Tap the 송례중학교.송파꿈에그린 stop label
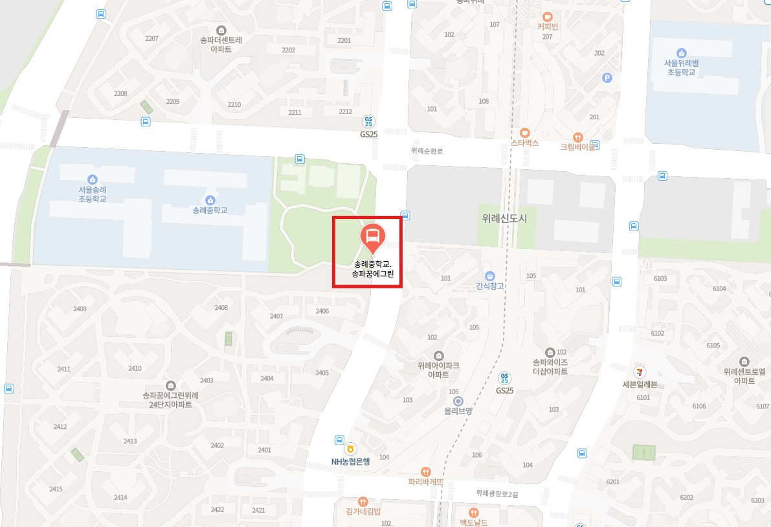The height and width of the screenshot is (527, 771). pos(373,269)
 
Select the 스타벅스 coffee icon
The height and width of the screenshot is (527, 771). pos(524,132)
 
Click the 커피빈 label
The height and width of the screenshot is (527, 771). pos(547,27)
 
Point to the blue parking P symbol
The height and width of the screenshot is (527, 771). pos(607,78)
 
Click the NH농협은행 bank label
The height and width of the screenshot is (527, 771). pos(350,462)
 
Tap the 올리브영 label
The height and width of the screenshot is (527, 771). pos(458,410)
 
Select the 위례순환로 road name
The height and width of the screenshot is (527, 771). pos(427,151)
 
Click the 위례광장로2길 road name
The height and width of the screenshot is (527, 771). pos(497,493)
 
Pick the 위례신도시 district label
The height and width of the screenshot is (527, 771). pos(504,218)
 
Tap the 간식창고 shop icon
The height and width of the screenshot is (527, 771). pos(489,275)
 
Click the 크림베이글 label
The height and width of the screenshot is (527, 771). pos(577,147)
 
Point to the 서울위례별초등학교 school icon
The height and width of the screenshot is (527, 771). pos(681,53)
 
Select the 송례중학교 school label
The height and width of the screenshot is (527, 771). pos(210,210)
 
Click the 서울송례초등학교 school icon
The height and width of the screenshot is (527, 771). pos(92,180)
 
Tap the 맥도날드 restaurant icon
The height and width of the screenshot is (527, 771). pos(474,513)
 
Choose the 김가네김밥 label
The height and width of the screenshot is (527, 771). pos(363,511)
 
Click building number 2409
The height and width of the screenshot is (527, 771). pos(80,309)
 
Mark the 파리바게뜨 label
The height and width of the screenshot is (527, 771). pos(425,482)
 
